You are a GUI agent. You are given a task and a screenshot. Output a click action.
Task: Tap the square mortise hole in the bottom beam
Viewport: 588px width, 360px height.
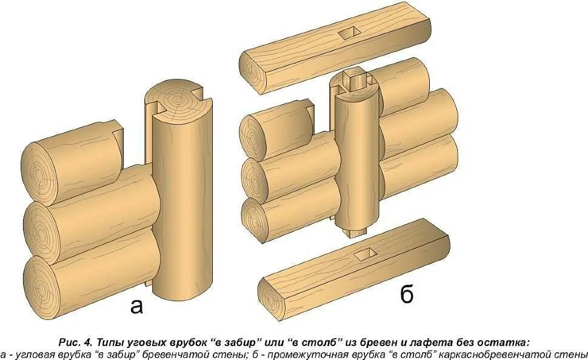[363, 255]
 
